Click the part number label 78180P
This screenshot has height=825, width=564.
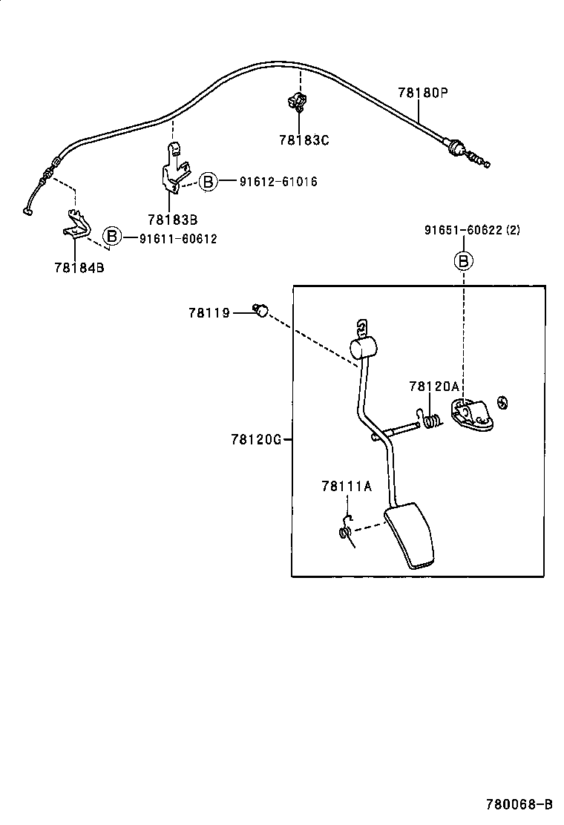coord(424,93)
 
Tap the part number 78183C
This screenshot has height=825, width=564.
coord(304,139)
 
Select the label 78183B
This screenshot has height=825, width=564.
coord(172,220)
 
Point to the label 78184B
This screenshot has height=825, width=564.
coord(79,268)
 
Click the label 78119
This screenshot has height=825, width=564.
coord(209,313)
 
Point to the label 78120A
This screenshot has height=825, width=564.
coord(434,386)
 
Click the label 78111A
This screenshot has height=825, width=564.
coord(346,486)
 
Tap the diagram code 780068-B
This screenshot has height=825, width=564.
coord(519,804)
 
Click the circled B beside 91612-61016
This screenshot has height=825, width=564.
coord(208,182)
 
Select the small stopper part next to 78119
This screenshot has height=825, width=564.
coord(260,311)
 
